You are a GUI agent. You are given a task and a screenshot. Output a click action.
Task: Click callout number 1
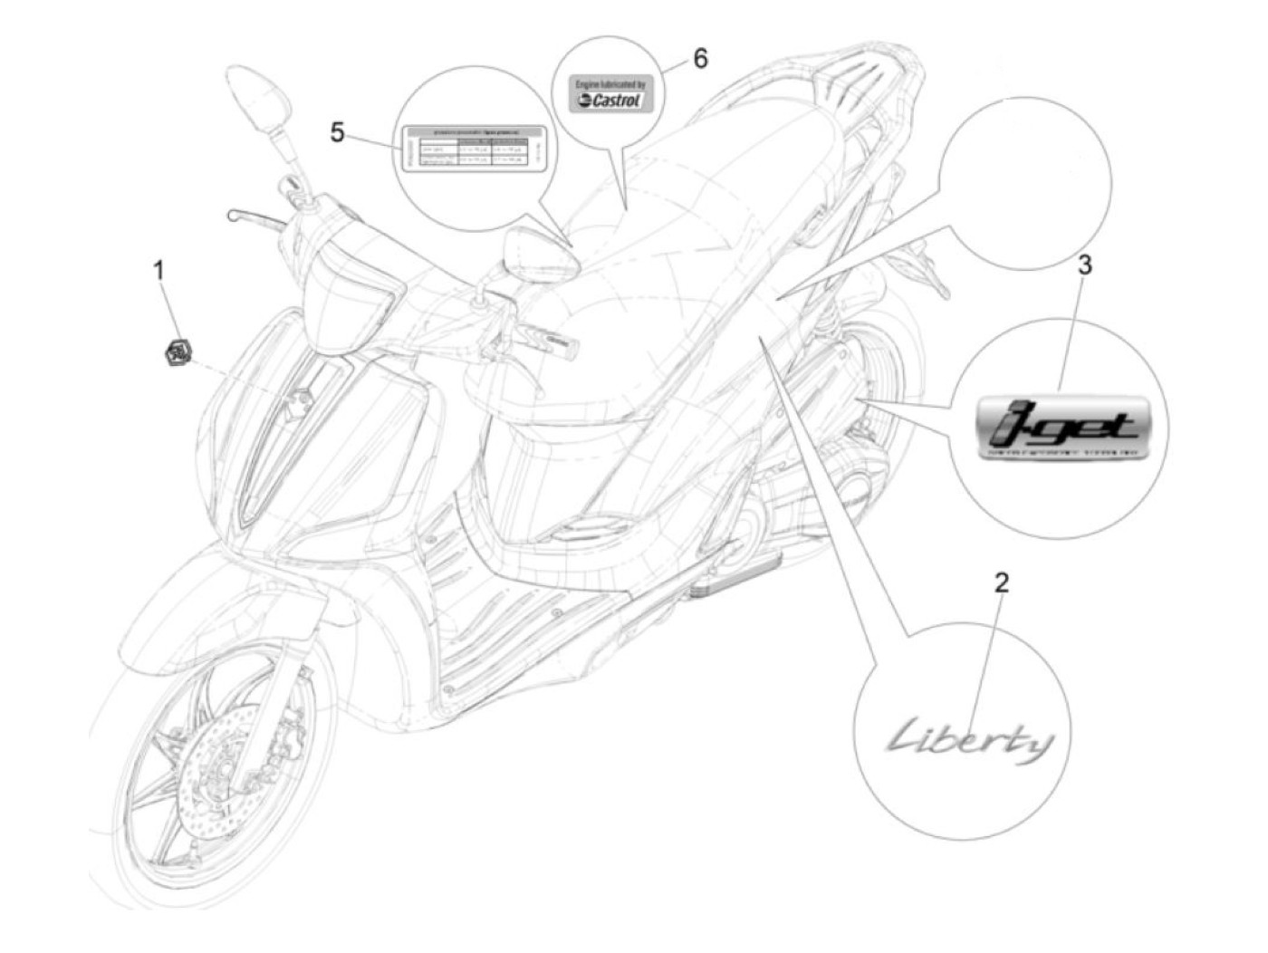tap(159, 269)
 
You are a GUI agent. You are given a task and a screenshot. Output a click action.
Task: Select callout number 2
tap(1000, 582)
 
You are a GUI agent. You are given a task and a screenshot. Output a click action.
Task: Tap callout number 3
tap(1084, 265)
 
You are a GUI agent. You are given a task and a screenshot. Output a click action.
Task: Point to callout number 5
tap(337, 133)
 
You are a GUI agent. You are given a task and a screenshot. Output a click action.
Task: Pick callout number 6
tap(699, 59)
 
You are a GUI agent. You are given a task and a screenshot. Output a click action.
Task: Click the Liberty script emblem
tap(969, 743)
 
